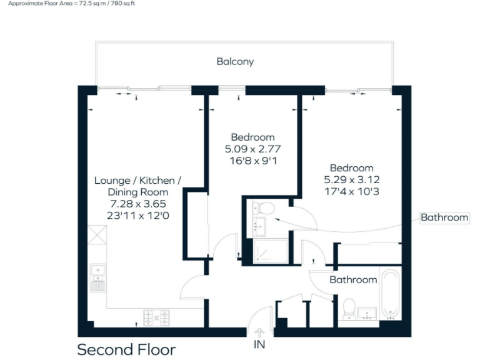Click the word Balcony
(235, 62)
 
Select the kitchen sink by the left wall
(97, 279)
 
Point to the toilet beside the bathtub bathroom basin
(349, 308)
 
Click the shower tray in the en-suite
(271, 251)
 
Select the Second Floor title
(126, 349)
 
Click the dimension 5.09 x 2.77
(252, 149)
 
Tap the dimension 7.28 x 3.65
(137, 204)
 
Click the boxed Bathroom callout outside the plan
(444, 217)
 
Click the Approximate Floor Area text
(71, 4)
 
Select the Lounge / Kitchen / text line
(137, 181)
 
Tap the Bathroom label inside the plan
(353, 279)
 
